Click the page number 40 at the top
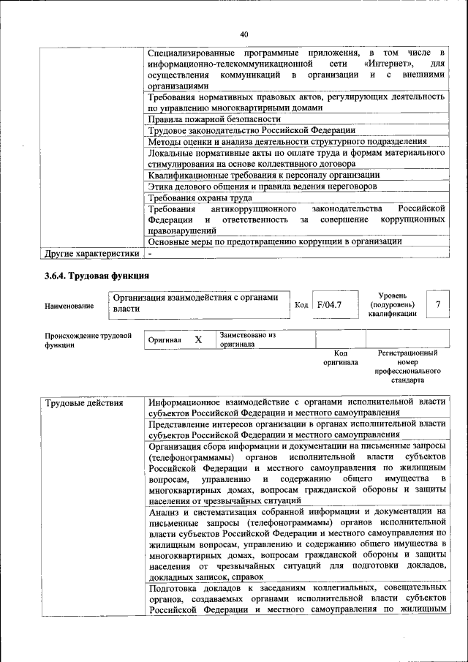point(244,33)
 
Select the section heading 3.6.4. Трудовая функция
point(94,276)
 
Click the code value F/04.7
point(325,304)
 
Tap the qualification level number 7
point(437,303)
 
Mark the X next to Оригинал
point(197,340)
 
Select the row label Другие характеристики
point(91,254)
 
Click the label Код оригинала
point(340,357)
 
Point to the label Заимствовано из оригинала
point(247,339)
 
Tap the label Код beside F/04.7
point(301,304)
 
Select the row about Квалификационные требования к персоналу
point(263,175)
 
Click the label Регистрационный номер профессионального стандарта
point(407,366)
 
